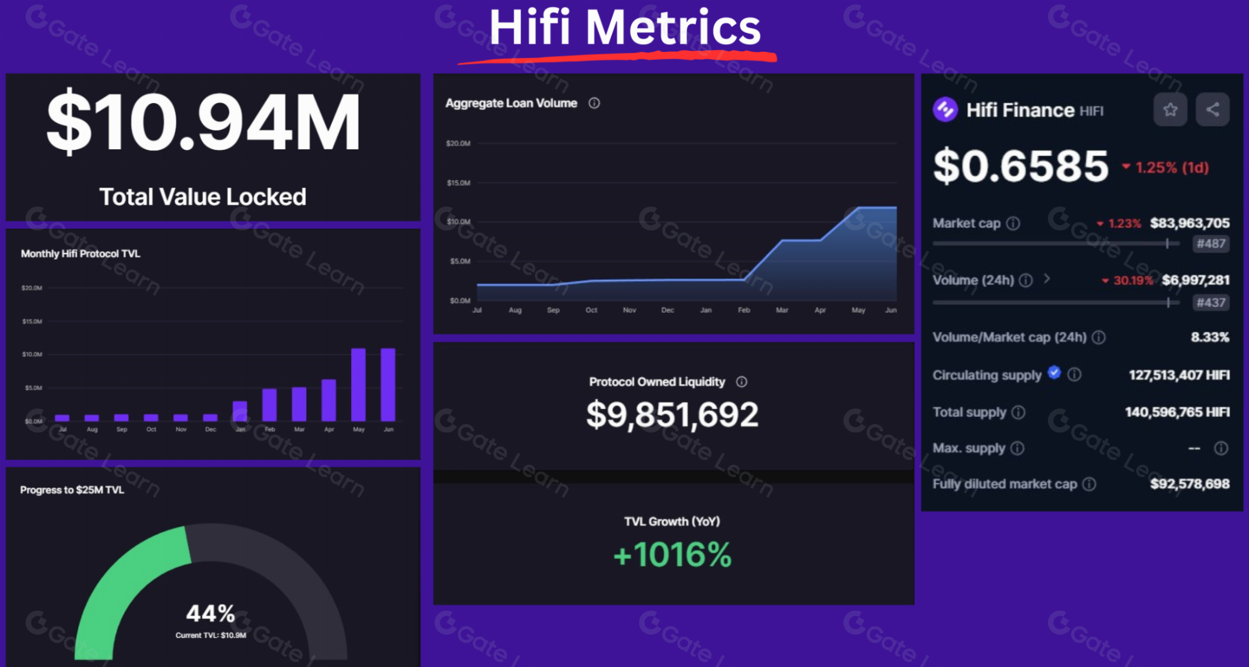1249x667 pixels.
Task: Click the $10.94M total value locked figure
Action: (x=203, y=121)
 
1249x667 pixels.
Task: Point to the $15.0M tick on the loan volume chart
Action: (x=458, y=183)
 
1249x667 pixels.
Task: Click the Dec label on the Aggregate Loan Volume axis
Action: (x=667, y=310)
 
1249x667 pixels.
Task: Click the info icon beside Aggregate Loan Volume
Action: (x=594, y=103)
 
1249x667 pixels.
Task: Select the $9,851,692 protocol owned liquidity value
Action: (x=672, y=415)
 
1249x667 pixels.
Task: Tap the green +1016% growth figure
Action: (x=672, y=555)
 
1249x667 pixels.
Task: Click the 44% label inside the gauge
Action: (x=211, y=613)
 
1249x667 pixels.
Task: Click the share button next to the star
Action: (x=1212, y=110)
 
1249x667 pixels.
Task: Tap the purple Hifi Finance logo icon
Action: (x=945, y=110)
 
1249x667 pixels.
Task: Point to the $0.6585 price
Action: (x=1020, y=166)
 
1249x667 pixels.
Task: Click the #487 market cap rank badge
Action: (x=1210, y=244)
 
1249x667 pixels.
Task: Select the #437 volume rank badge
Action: (x=1210, y=303)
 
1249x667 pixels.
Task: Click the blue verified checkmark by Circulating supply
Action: (x=1054, y=373)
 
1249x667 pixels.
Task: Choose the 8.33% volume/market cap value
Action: (x=1210, y=337)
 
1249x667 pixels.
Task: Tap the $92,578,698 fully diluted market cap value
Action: (x=1190, y=484)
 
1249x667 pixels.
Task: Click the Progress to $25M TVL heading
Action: (x=72, y=490)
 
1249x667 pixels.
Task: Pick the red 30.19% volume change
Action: (x=1133, y=280)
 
